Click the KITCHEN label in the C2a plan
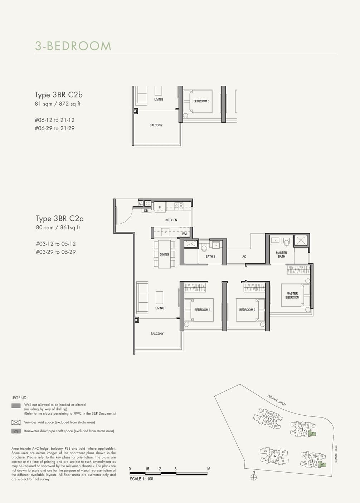(171, 220)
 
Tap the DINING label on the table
(164, 255)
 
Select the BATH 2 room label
(210, 257)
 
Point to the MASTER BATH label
(282, 254)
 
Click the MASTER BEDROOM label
(292, 296)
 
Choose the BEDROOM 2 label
(247, 310)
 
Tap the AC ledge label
(244, 257)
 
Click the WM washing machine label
(184, 234)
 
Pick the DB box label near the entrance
(146, 211)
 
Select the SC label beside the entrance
(141, 204)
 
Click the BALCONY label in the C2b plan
(156, 125)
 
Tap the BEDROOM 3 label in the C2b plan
(201, 101)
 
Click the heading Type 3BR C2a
(60, 219)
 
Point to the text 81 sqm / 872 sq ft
(58, 104)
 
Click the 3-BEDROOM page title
(73, 46)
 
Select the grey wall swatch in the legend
(16, 406)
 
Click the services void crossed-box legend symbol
(16, 422)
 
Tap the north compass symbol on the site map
(254, 477)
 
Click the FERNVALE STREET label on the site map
(277, 400)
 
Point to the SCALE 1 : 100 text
(141, 479)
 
